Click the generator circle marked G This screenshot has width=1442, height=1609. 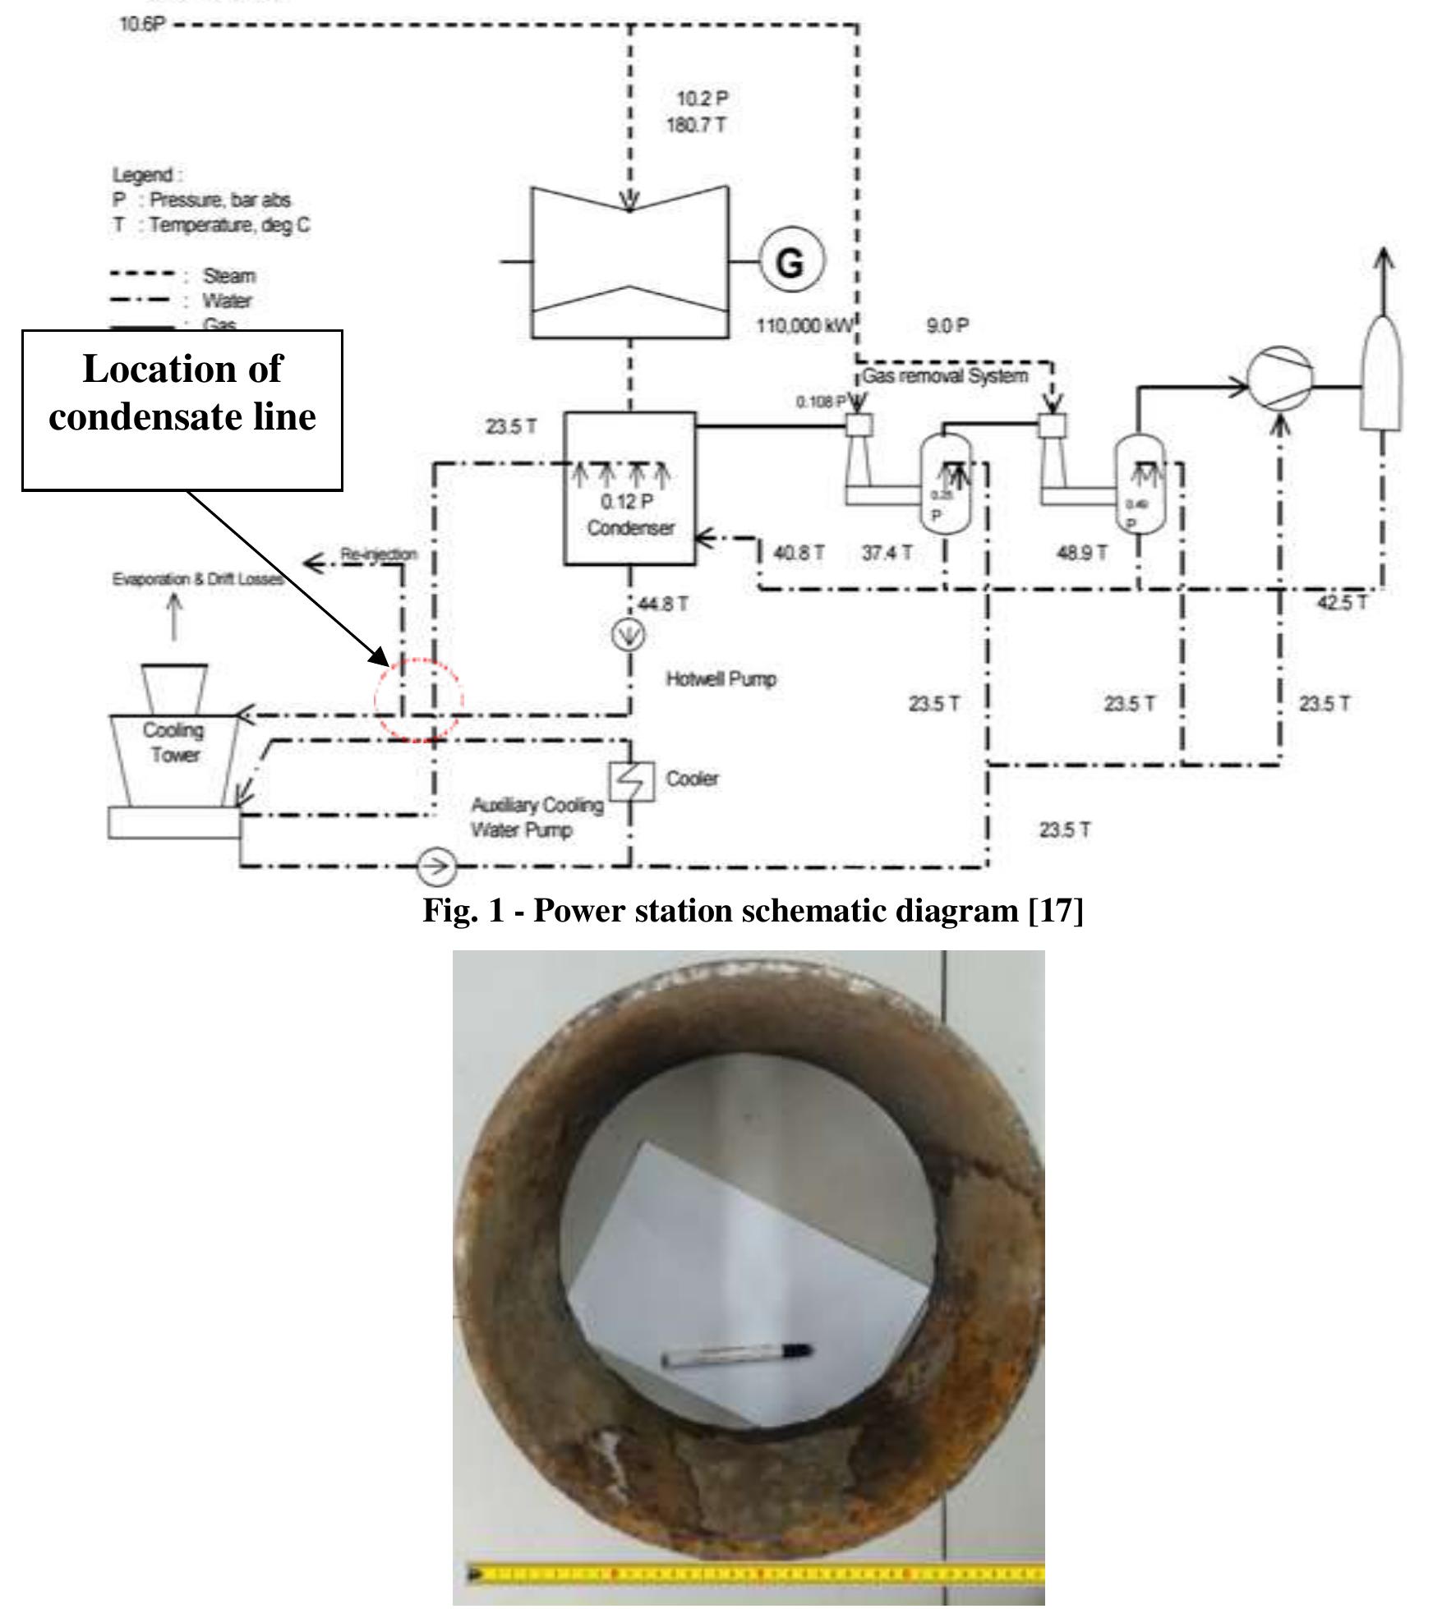coord(790,262)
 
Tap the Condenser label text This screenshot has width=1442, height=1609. coord(630,527)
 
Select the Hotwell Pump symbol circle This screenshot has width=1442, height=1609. coord(629,635)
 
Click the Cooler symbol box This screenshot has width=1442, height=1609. coord(632,781)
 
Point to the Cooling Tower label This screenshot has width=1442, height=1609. coord(173,742)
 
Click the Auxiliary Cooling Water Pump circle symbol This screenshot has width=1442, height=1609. coord(435,866)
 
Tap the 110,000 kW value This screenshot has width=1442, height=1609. coord(804,326)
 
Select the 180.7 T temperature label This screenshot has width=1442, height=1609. coord(696,126)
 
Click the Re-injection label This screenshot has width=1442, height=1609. coord(379,554)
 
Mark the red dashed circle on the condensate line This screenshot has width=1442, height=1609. coord(419,701)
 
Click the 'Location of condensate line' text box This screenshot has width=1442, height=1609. coord(182,410)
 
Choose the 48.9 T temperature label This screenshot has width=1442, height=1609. coord(1082,553)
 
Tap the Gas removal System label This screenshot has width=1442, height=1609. coord(945,376)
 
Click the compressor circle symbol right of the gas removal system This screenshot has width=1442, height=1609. coord(1279,379)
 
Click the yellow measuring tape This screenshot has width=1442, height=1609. coord(756,1574)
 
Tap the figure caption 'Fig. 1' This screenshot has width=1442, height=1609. coord(753,910)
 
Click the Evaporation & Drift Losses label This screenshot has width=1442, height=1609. coord(198,579)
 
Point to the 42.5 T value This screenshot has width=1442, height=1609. coord(1343,602)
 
